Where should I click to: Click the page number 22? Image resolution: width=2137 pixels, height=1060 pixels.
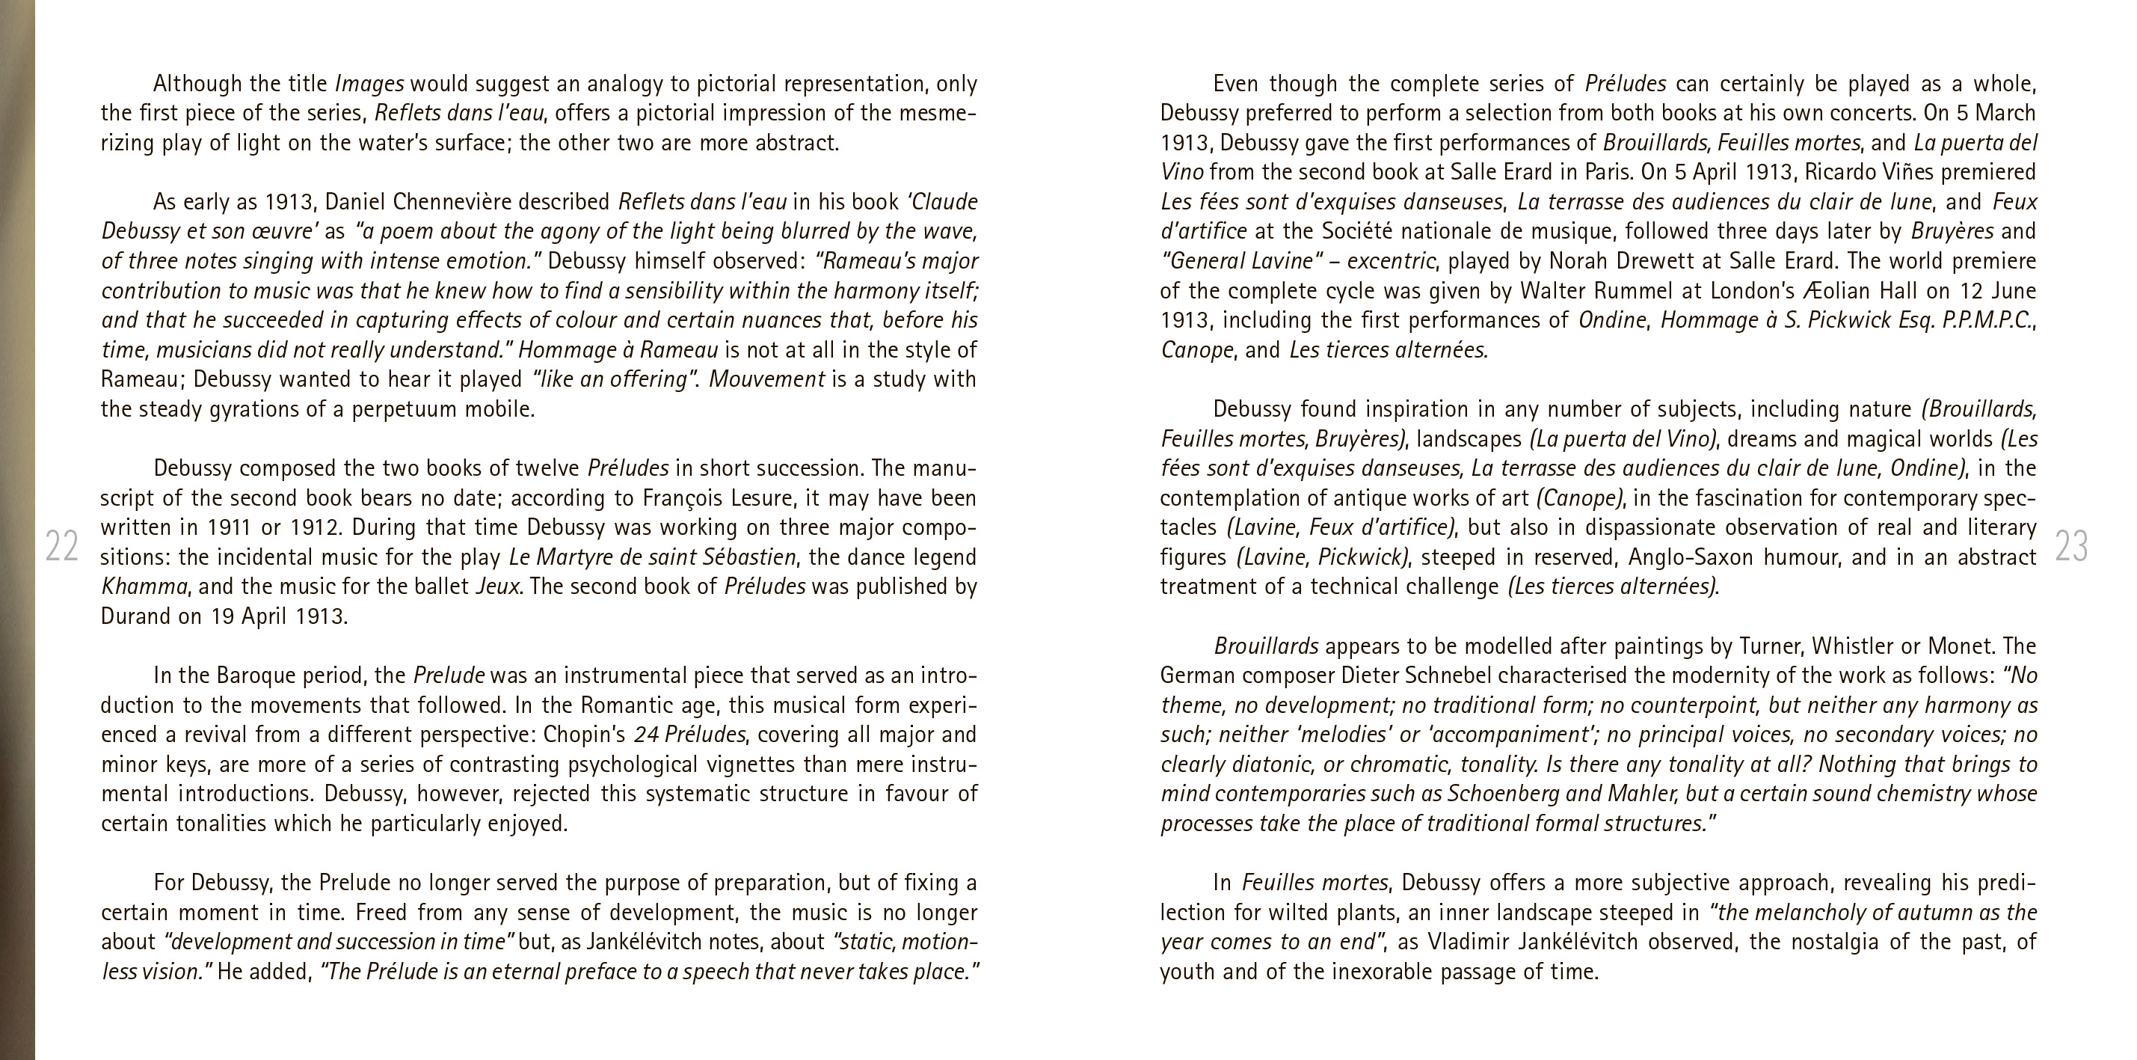click(x=61, y=546)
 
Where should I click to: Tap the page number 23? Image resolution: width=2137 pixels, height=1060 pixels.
click(x=2070, y=546)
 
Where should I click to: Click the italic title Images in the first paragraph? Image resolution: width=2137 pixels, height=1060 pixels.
click(x=369, y=84)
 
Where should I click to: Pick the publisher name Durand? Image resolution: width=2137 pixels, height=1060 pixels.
click(x=135, y=616)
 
